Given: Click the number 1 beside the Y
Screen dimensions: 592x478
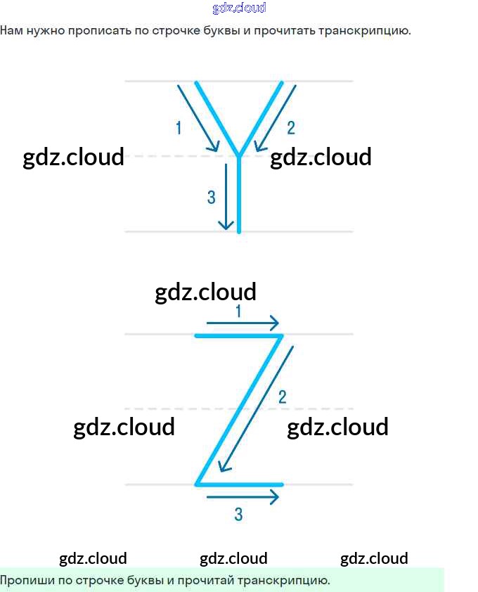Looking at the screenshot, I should [x=179, y=127].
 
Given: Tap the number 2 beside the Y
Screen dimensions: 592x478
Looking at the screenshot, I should [x=291, y=127].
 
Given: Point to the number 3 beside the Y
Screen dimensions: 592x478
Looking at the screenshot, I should [x=211, y=198].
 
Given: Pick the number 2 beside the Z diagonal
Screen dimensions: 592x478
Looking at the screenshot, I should [x=283, y=397].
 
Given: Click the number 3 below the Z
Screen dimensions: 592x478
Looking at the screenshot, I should [x=238, y=515].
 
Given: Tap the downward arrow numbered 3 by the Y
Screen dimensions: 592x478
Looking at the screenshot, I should [x=226, y=197].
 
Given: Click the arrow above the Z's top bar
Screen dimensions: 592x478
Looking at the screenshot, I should [x=243, y=323].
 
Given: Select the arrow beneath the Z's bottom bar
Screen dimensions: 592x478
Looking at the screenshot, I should [x=243, y=497].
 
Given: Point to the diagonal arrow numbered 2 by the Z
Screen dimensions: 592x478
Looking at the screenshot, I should [x=257, y=408].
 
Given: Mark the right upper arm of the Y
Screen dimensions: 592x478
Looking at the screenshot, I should [x=261, y=117].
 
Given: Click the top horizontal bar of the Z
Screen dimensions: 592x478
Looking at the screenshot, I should [x=238, y=336].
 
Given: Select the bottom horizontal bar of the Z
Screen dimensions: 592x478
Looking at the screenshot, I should [x=239, y=484].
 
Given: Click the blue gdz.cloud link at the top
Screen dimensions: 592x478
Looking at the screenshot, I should [x=239, y=8].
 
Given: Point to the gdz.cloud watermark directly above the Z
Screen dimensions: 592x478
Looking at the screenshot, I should [x=205, y=291].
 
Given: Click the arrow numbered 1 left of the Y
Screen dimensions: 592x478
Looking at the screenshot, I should [x=198, y=117].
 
